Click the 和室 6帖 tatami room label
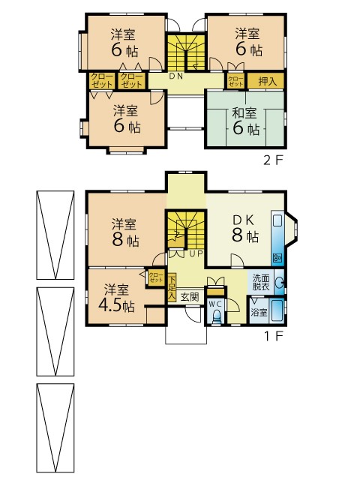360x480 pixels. [246, 121]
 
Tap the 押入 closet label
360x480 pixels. [267, 82]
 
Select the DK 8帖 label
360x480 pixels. [245, 228]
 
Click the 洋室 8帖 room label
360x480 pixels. [125, 232]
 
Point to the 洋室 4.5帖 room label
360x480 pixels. [117, 298]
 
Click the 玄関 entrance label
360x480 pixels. [190, 296]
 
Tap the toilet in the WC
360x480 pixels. [217, 316]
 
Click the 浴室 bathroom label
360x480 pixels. [259, 312]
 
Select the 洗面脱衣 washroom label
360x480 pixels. [261, 282]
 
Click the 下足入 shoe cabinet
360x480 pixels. [172, 287]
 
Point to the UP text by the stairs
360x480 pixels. [196, 253]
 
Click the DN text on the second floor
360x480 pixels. [176, 76]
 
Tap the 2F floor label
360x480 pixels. [272, 160]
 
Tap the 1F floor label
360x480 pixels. [272, 336]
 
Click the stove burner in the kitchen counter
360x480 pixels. [278, 257]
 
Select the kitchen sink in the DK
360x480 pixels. [277, 220]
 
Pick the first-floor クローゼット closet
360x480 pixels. [156, 277]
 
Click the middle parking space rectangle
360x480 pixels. [55, 331]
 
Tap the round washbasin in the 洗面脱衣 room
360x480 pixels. [279, 282]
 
